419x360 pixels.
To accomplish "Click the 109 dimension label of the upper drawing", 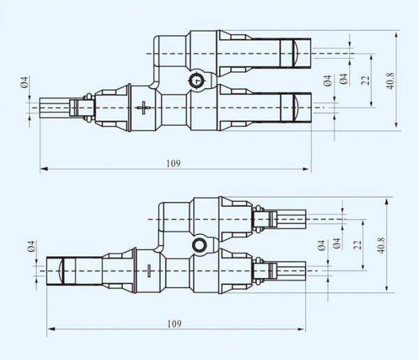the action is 173,164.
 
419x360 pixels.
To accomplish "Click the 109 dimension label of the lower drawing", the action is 174,324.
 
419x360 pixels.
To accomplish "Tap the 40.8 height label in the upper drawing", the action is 390,81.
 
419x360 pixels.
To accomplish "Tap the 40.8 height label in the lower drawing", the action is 381,245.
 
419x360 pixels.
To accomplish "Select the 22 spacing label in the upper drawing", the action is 365,80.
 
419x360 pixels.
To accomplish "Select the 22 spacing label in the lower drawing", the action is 358,245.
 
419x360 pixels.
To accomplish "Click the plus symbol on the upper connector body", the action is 144,108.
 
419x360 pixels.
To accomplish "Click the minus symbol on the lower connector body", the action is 149,271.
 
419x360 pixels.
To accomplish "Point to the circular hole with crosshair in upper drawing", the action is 197,80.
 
